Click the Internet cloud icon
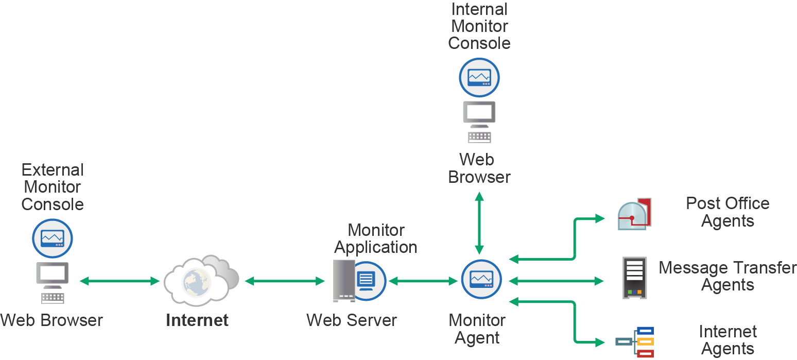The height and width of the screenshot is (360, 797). (201, 281)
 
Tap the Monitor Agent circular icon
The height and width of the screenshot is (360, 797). (481, 279)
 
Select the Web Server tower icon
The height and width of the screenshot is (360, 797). (344, 281)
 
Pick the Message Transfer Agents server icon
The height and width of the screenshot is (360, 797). (635, 278)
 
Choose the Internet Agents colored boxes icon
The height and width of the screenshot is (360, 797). (636, 341)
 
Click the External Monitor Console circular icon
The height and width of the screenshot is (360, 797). (53, 238)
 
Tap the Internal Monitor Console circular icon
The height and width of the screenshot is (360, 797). (479, 78)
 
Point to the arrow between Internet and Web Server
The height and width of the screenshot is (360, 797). (285, 281)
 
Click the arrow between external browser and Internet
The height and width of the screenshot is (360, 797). (119, 281)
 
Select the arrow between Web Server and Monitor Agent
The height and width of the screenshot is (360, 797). (423, 281)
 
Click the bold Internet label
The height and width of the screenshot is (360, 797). (197, 320)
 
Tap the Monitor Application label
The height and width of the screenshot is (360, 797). (375, 238)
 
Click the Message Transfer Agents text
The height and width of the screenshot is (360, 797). (727, 276)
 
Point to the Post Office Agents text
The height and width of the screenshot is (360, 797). (727, 212)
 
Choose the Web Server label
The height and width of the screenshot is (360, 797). (352, 320)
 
